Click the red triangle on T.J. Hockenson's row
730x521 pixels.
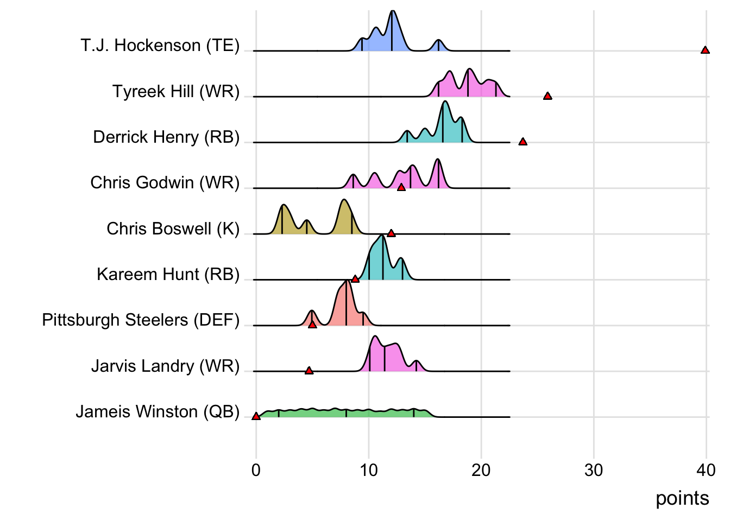coord(705,50)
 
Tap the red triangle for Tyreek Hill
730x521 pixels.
coord(547,96)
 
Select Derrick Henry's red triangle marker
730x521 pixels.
coord(523,142)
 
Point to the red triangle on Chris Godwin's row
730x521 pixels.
coord(401,187)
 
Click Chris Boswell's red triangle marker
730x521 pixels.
coord(391,233)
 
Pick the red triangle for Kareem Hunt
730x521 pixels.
coord(355,279)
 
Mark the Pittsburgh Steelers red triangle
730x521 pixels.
coord(312,325)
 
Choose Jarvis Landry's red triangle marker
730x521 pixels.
coord(309,371)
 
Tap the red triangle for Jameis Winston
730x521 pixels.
coord(256,416)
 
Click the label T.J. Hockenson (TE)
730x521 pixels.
coord(160,46)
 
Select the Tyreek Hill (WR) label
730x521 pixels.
coord(176,91)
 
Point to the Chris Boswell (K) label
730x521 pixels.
coord(173,228)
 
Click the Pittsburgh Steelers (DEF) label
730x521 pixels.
coord(141,320)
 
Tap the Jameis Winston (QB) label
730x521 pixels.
coord(158,412)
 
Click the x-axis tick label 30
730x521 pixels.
coord(594,470)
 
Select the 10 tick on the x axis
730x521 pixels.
coord(369,470)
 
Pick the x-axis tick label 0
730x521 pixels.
coord(256,470)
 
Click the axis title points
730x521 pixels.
coord(682,498)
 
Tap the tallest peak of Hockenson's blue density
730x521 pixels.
coord(392,12)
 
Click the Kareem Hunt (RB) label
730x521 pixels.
coord(168,275)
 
